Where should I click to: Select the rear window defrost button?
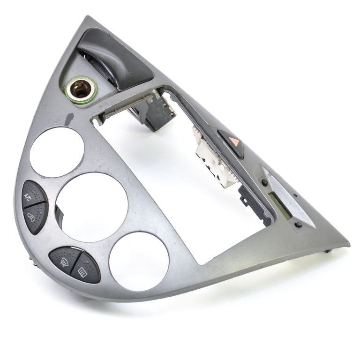[85, 269]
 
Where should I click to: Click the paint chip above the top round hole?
[69, 119]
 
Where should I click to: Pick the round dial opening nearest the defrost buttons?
[139, 261]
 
